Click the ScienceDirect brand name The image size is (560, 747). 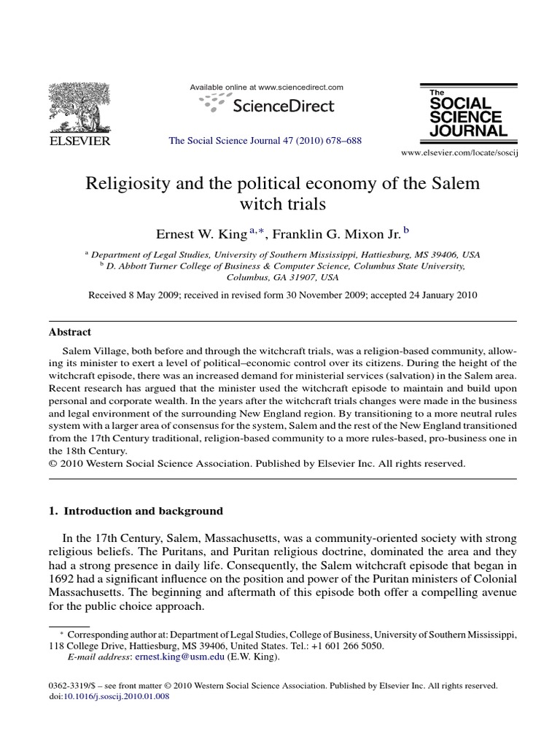tap(283, 106)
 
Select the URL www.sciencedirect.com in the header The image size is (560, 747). tap(300, 88)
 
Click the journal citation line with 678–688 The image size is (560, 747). tap(265, 141)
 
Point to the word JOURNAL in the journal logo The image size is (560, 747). tap(467, 131)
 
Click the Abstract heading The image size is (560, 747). tap(69, 331)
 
